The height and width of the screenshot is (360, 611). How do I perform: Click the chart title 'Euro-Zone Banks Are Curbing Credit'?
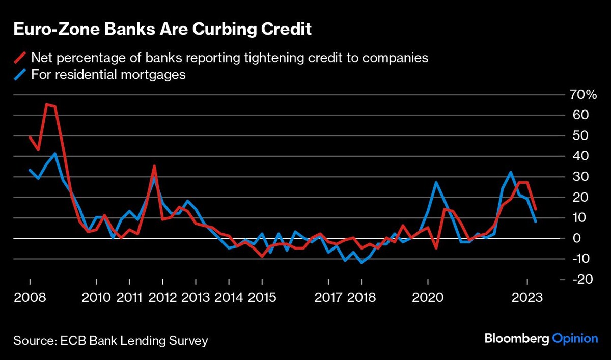pyautogui.click(x=162, y=30)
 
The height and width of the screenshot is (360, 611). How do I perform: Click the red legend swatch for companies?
pyautogui.click(x=21, y=58)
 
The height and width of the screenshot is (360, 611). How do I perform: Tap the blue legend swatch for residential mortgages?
pyautogui.click(x=21, y=75)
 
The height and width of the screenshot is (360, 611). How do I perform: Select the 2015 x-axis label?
pyautogui.click(x=262, y=297)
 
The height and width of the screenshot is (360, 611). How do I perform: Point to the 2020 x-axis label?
pyautogui.click(x=428, y=297)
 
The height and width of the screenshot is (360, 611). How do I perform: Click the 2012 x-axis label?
pyautogui.click(x=162, y=297)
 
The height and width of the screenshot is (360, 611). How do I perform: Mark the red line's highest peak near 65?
pyautogui.click(x=46, y=104)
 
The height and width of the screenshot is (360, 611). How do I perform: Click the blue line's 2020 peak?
pyautogui.click(x=436, y=182)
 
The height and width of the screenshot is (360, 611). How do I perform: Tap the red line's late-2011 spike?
pyautogui.click(x=154, y=166)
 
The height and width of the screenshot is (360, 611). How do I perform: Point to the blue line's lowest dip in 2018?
pyautogui.click(x=362, y=262)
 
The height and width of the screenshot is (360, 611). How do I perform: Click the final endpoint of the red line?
pyautogui.click(x=536, y=209)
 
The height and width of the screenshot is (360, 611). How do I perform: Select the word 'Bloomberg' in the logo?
pyautogui.click(x=516, y=338)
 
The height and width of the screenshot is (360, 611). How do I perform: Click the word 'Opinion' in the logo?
pyautogui.click(x=575, y=338)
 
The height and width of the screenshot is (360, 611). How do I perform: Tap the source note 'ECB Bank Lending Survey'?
pyautogui.click(x=133, y=340)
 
